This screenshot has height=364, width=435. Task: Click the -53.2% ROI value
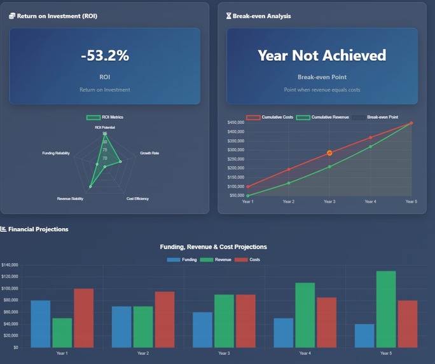(x=105, y=56)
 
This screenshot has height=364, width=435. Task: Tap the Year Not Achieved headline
(x=322, y=55)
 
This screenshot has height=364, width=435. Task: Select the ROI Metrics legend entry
(x=105, y=118)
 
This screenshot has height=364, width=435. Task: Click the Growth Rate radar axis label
(x=149, y=153)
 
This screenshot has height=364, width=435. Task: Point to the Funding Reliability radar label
(x=56, y=153)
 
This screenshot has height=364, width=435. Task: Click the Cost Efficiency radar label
(x=137, y=199)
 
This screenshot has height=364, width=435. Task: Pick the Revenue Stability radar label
(x=70, y=199)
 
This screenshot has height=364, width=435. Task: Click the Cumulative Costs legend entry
(x=270, y=118)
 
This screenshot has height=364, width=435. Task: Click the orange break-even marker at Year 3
(x=329, y=153)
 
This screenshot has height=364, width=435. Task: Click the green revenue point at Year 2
(x=289, y=183)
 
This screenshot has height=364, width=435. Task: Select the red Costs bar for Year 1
(x=83, y=318)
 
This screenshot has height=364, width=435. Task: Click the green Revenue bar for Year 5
(x=386, y=309)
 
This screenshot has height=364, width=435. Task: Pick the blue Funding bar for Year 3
(x=202, y=330)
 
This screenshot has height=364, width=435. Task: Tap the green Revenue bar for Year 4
(x=305, y=314)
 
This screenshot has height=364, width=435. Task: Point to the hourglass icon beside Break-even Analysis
(x=229, y=16)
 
